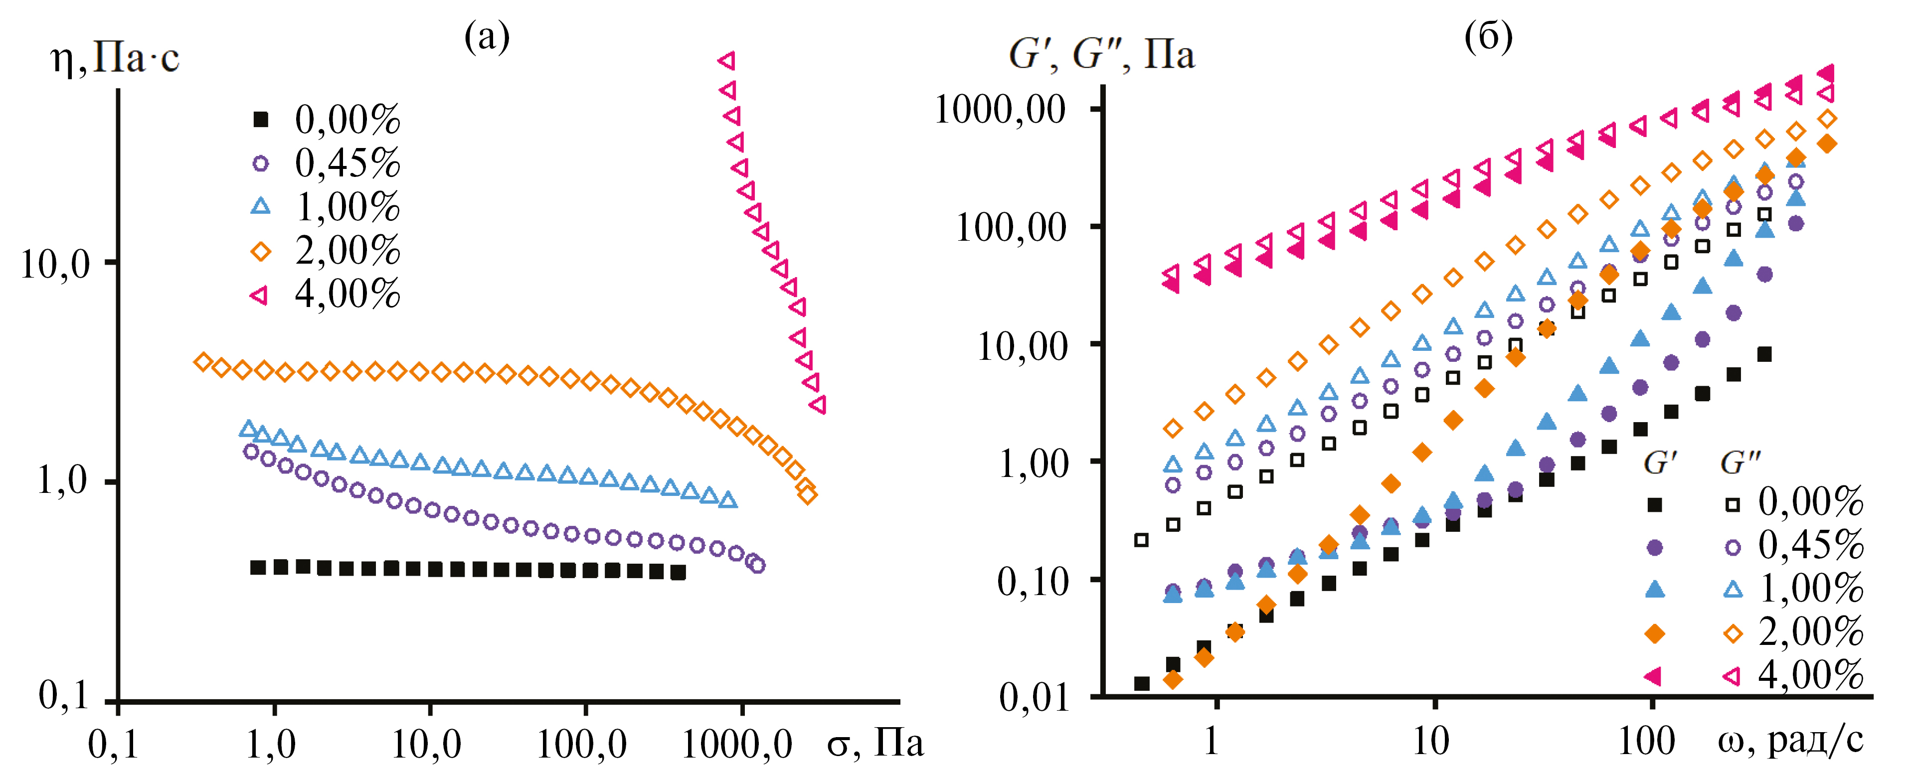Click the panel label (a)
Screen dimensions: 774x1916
pos(487,36)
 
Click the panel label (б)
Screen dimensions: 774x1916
pos(1488,36)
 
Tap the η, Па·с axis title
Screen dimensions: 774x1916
pos(115,58)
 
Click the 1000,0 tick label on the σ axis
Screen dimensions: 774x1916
pos(736,744)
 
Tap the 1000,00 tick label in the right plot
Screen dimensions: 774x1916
pos(1001,110)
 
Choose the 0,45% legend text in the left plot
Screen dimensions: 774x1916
pos(348,163)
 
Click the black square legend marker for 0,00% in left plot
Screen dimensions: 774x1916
pos(260,119)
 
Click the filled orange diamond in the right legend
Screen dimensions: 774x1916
pos(1654,633)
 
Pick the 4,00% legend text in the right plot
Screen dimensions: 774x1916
pos(1810,675)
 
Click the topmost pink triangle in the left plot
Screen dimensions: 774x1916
pos(727,61)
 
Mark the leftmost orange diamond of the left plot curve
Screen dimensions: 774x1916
pos(202,362)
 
